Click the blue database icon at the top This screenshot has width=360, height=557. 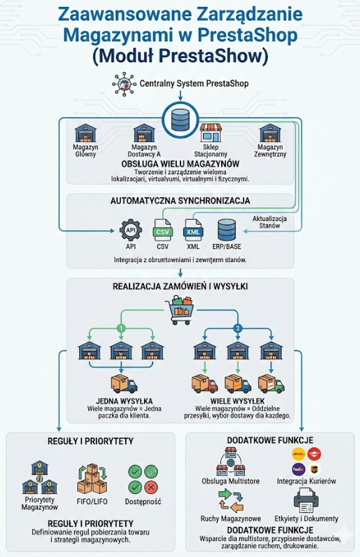pos(180,116)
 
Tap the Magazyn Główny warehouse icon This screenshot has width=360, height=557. pos(85,133)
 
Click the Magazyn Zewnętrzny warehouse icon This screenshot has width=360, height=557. pos(270,133)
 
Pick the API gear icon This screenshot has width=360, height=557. pos(131,230)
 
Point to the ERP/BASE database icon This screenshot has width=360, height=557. pos(227,230)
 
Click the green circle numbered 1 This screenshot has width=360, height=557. pos(121,328)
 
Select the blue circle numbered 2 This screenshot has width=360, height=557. pos(237,328)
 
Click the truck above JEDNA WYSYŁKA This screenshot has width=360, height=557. pos(123,385)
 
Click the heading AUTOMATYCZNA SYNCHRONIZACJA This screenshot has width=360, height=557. pos(180,201)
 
